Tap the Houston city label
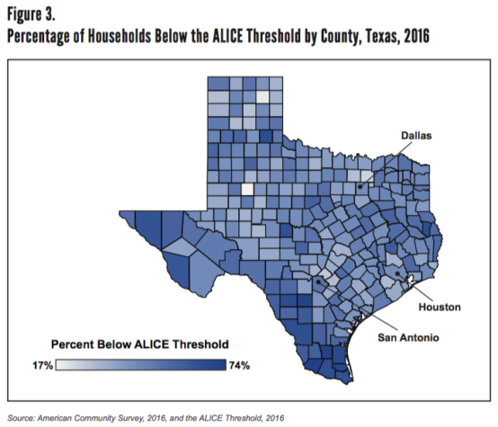[x=439, y=307]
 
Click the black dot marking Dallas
[x=360, y=187]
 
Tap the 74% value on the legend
[x=240, y=365]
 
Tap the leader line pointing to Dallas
[x=382, y=163]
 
